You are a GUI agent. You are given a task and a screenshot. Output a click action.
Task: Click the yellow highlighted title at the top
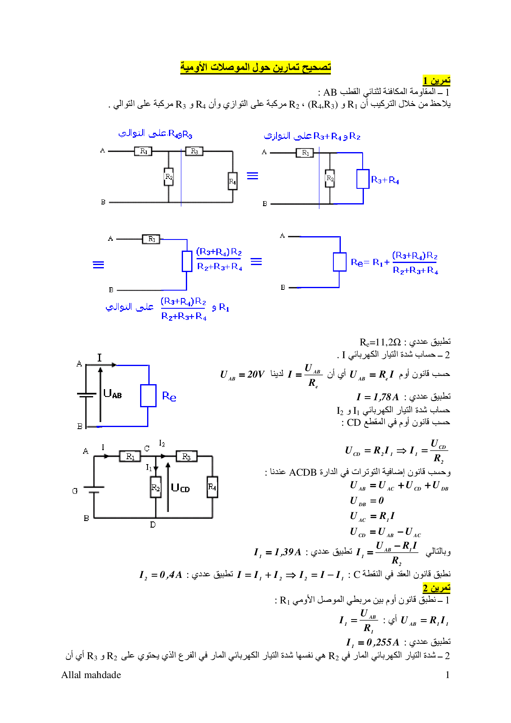pos(255,67)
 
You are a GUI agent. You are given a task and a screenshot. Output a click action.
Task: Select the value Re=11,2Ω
pos(380,342)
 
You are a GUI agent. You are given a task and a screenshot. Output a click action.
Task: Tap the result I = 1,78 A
pos(377,397)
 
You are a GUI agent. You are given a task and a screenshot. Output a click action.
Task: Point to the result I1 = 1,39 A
pos(277,552)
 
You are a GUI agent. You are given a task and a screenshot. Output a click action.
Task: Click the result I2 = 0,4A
pos(161,575)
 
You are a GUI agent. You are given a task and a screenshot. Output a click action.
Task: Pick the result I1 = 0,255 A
pos(373,642)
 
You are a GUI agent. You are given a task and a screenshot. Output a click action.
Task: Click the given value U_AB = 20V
pos(242,375)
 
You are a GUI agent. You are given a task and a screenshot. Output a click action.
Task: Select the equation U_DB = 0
pos(367,501)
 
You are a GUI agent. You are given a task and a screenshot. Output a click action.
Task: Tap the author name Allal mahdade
pos(91,675)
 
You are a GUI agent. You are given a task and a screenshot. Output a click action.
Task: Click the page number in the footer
pos(447,675)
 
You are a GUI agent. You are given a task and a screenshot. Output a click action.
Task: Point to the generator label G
pos(75,491)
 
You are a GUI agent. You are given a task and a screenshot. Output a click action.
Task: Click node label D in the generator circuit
pos(153,525)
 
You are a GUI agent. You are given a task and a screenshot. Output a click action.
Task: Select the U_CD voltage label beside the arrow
pos(180,488)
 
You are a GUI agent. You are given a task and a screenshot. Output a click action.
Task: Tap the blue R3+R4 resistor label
pos(385,180)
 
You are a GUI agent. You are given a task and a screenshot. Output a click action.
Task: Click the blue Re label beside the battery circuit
pos(169,397)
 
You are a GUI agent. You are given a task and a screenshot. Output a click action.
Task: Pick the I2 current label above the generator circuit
pos(162,443)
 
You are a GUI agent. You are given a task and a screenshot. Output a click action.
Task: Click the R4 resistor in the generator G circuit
pos(212,487)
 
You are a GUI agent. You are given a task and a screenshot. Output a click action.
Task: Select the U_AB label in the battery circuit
pos(113,394)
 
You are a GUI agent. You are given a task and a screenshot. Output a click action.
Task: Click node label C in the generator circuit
pos(147,448)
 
